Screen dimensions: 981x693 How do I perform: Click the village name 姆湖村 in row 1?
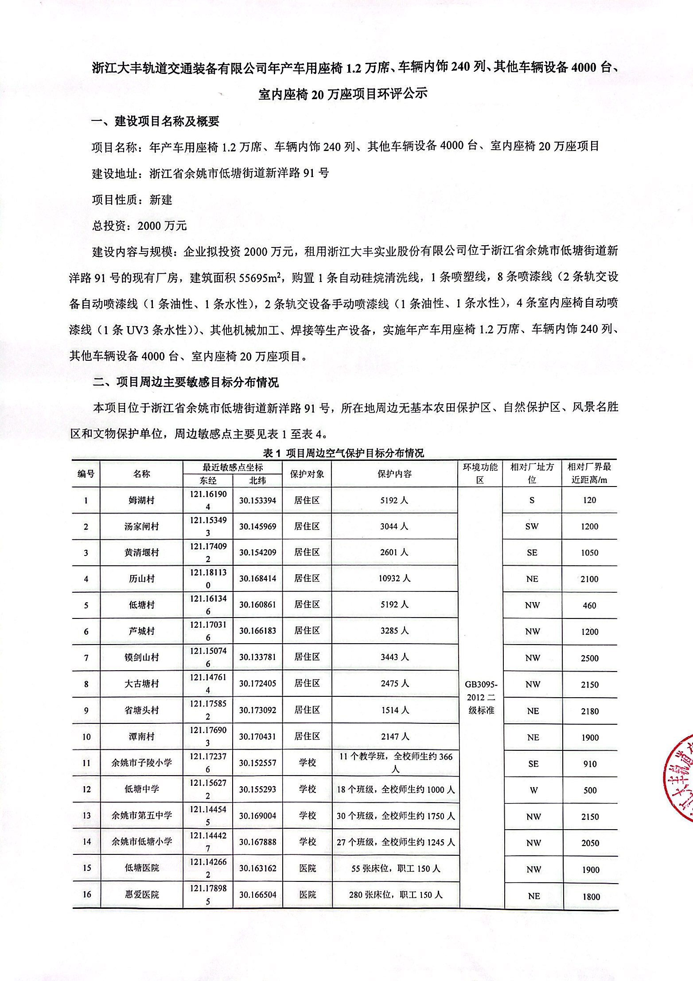141,501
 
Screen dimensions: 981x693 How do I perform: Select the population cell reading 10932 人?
394,579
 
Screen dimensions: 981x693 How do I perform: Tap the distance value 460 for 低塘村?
589,605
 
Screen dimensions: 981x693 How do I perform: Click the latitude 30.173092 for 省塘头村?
258,710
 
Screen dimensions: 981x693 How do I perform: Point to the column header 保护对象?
307,474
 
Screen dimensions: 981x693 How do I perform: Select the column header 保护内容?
394,474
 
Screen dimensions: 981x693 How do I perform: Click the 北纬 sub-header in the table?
258,481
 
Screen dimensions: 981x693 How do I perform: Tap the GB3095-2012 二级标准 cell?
481,698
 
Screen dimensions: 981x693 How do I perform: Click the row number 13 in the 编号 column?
86,815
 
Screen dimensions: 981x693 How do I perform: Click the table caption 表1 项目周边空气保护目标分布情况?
343,453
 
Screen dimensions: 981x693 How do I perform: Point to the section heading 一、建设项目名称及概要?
156,121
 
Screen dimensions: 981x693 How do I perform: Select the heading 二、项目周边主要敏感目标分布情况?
186,382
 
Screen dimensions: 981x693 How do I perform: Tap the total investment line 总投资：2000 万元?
140,226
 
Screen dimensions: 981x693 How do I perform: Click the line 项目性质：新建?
132,200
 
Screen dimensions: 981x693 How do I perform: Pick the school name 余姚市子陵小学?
141,763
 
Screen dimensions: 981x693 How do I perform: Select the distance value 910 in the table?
590,764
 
